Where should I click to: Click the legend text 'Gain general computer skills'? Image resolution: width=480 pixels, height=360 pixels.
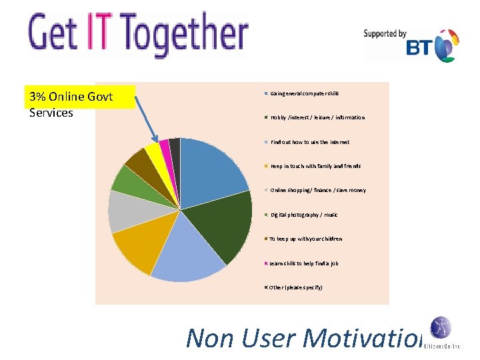[x=304, y=93]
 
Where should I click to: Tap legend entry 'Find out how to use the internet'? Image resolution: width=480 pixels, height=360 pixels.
[x=309, y=142]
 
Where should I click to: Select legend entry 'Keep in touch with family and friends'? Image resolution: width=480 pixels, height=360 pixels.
[x=315, y=166]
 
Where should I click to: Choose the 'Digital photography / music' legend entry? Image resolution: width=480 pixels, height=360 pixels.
[x=303, y=215]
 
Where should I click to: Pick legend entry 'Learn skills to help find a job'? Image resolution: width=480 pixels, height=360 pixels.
[x=303, y=263]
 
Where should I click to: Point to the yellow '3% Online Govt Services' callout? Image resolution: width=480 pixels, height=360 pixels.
[x=79, y=105]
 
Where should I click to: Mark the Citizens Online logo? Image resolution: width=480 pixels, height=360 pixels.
[x=440, y=333]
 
